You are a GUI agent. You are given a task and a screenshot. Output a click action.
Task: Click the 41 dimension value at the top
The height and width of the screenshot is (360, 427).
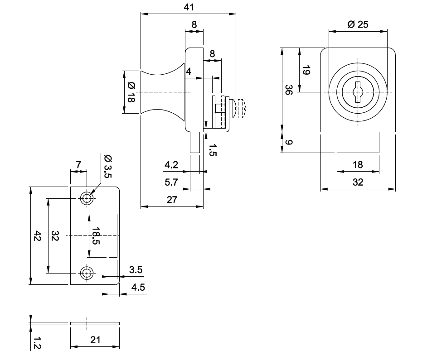pyautogui.click(x=189, y=7)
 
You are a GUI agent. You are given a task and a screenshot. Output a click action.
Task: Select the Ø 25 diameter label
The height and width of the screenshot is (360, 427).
pyautogui.click(x=358, y=24)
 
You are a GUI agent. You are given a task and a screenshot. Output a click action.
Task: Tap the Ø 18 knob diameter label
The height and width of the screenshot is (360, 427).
pyautogui.click(x=131, y=92)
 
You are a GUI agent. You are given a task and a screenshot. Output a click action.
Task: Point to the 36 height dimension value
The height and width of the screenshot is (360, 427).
pyautogui.click(x=289, y=89)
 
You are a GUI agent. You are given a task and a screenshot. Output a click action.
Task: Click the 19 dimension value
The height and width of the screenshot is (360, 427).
pyautogui.click(x=306, y=70)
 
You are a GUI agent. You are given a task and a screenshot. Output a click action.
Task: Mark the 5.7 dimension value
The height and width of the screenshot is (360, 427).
pyautogui.click(x=171, y=182)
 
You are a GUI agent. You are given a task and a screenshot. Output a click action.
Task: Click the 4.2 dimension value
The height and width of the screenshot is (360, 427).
pyautogui.click(x=171, y=165)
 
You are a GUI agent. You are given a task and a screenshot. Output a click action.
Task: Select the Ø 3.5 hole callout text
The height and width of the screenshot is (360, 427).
pyautogui.click(x=107, y=166)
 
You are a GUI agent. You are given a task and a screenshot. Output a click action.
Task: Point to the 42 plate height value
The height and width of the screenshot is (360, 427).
pyautogui.click(x=38, y=236)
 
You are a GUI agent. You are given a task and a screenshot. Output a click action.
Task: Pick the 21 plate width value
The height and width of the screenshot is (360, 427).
pyautogui.click(x=95, y=340)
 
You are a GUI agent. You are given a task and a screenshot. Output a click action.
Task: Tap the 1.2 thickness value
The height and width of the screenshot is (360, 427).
pyautogui.click(x=38, y=343)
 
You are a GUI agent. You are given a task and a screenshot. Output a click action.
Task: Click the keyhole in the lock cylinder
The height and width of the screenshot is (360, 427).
pyautogui.click(x=358, y=93)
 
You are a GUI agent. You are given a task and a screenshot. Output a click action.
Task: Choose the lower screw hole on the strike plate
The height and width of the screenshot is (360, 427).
pyautogui.click(x=86, y=273)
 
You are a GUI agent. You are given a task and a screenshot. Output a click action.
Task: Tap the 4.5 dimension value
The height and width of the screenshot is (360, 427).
pyautogui.click(x=138, y=287)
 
